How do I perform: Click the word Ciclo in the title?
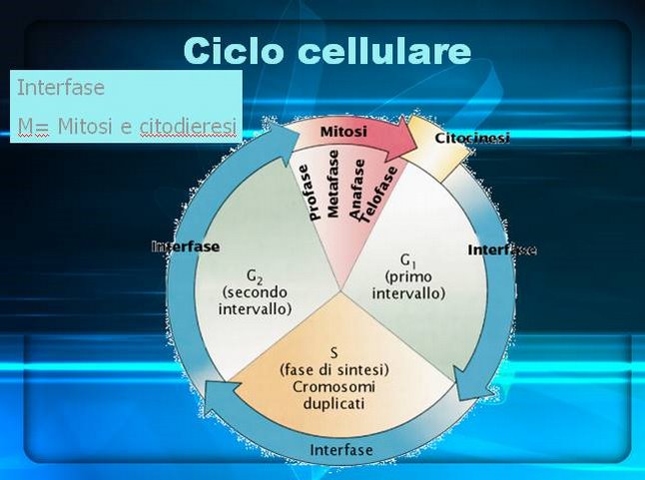[x=234, y=51]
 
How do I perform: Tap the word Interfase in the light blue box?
[x=61, y=87]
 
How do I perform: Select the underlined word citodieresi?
[x=188, y=126]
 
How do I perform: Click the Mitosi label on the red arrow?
[x=343, y=132]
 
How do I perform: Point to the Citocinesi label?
[x=472, y=138]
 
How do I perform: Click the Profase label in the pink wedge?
[x=310, y=193]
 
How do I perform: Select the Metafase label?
[x=332, y=184]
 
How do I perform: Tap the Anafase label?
[x=356, y=189]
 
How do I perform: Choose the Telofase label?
[x=377, y=194]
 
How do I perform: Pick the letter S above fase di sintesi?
[x=334, y=352]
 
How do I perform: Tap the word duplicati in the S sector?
[x=334, y=403]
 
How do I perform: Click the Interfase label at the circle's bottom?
[x=341, y=450]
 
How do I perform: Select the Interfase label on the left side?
[x=186, y=246]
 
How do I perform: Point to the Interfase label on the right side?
[x=502, y=249]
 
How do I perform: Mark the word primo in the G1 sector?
[x=408, y=277]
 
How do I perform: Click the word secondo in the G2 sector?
[x=255, y=292]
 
